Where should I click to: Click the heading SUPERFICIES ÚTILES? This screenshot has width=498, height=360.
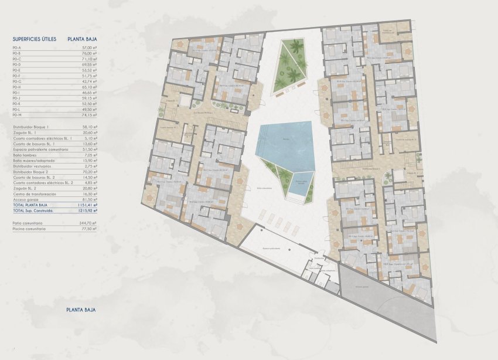click(34, 39)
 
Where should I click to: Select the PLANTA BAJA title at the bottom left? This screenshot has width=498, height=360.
click(81, 309)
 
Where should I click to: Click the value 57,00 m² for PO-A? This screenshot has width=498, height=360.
click(88, 47)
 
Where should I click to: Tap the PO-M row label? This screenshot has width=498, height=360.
click(16, 115)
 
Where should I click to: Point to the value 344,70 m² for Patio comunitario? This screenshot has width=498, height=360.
click(87, 223)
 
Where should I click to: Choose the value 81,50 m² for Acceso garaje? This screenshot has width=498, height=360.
click(88, 199)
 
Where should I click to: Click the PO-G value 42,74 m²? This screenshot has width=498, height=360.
click(88, 81)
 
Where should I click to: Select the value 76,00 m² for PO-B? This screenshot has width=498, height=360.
click(88, 53)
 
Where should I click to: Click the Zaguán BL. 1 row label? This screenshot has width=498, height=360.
click(24, 133)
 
